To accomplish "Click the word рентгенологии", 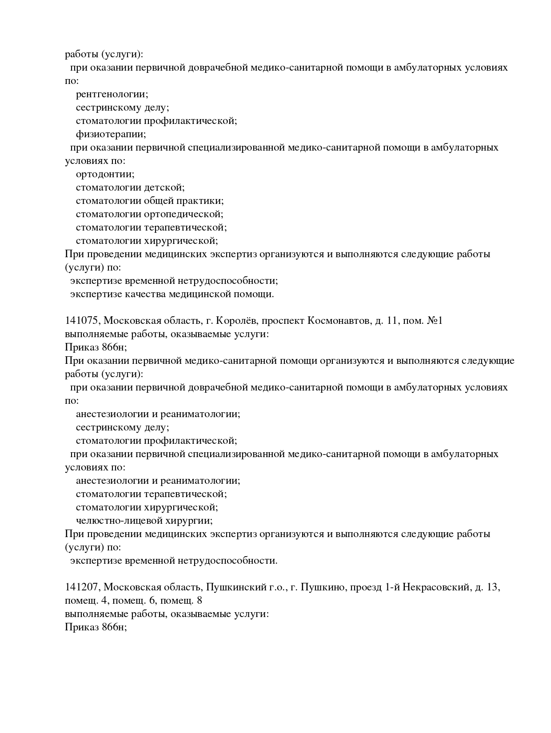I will click(112, 95).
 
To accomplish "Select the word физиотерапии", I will click(111, 134).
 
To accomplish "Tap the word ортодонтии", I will click(105, 174).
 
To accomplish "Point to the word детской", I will click(164, 187).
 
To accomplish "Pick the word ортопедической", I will click(184, 214).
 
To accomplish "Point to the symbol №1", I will click(434, 321).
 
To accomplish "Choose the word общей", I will click(159, 201).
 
